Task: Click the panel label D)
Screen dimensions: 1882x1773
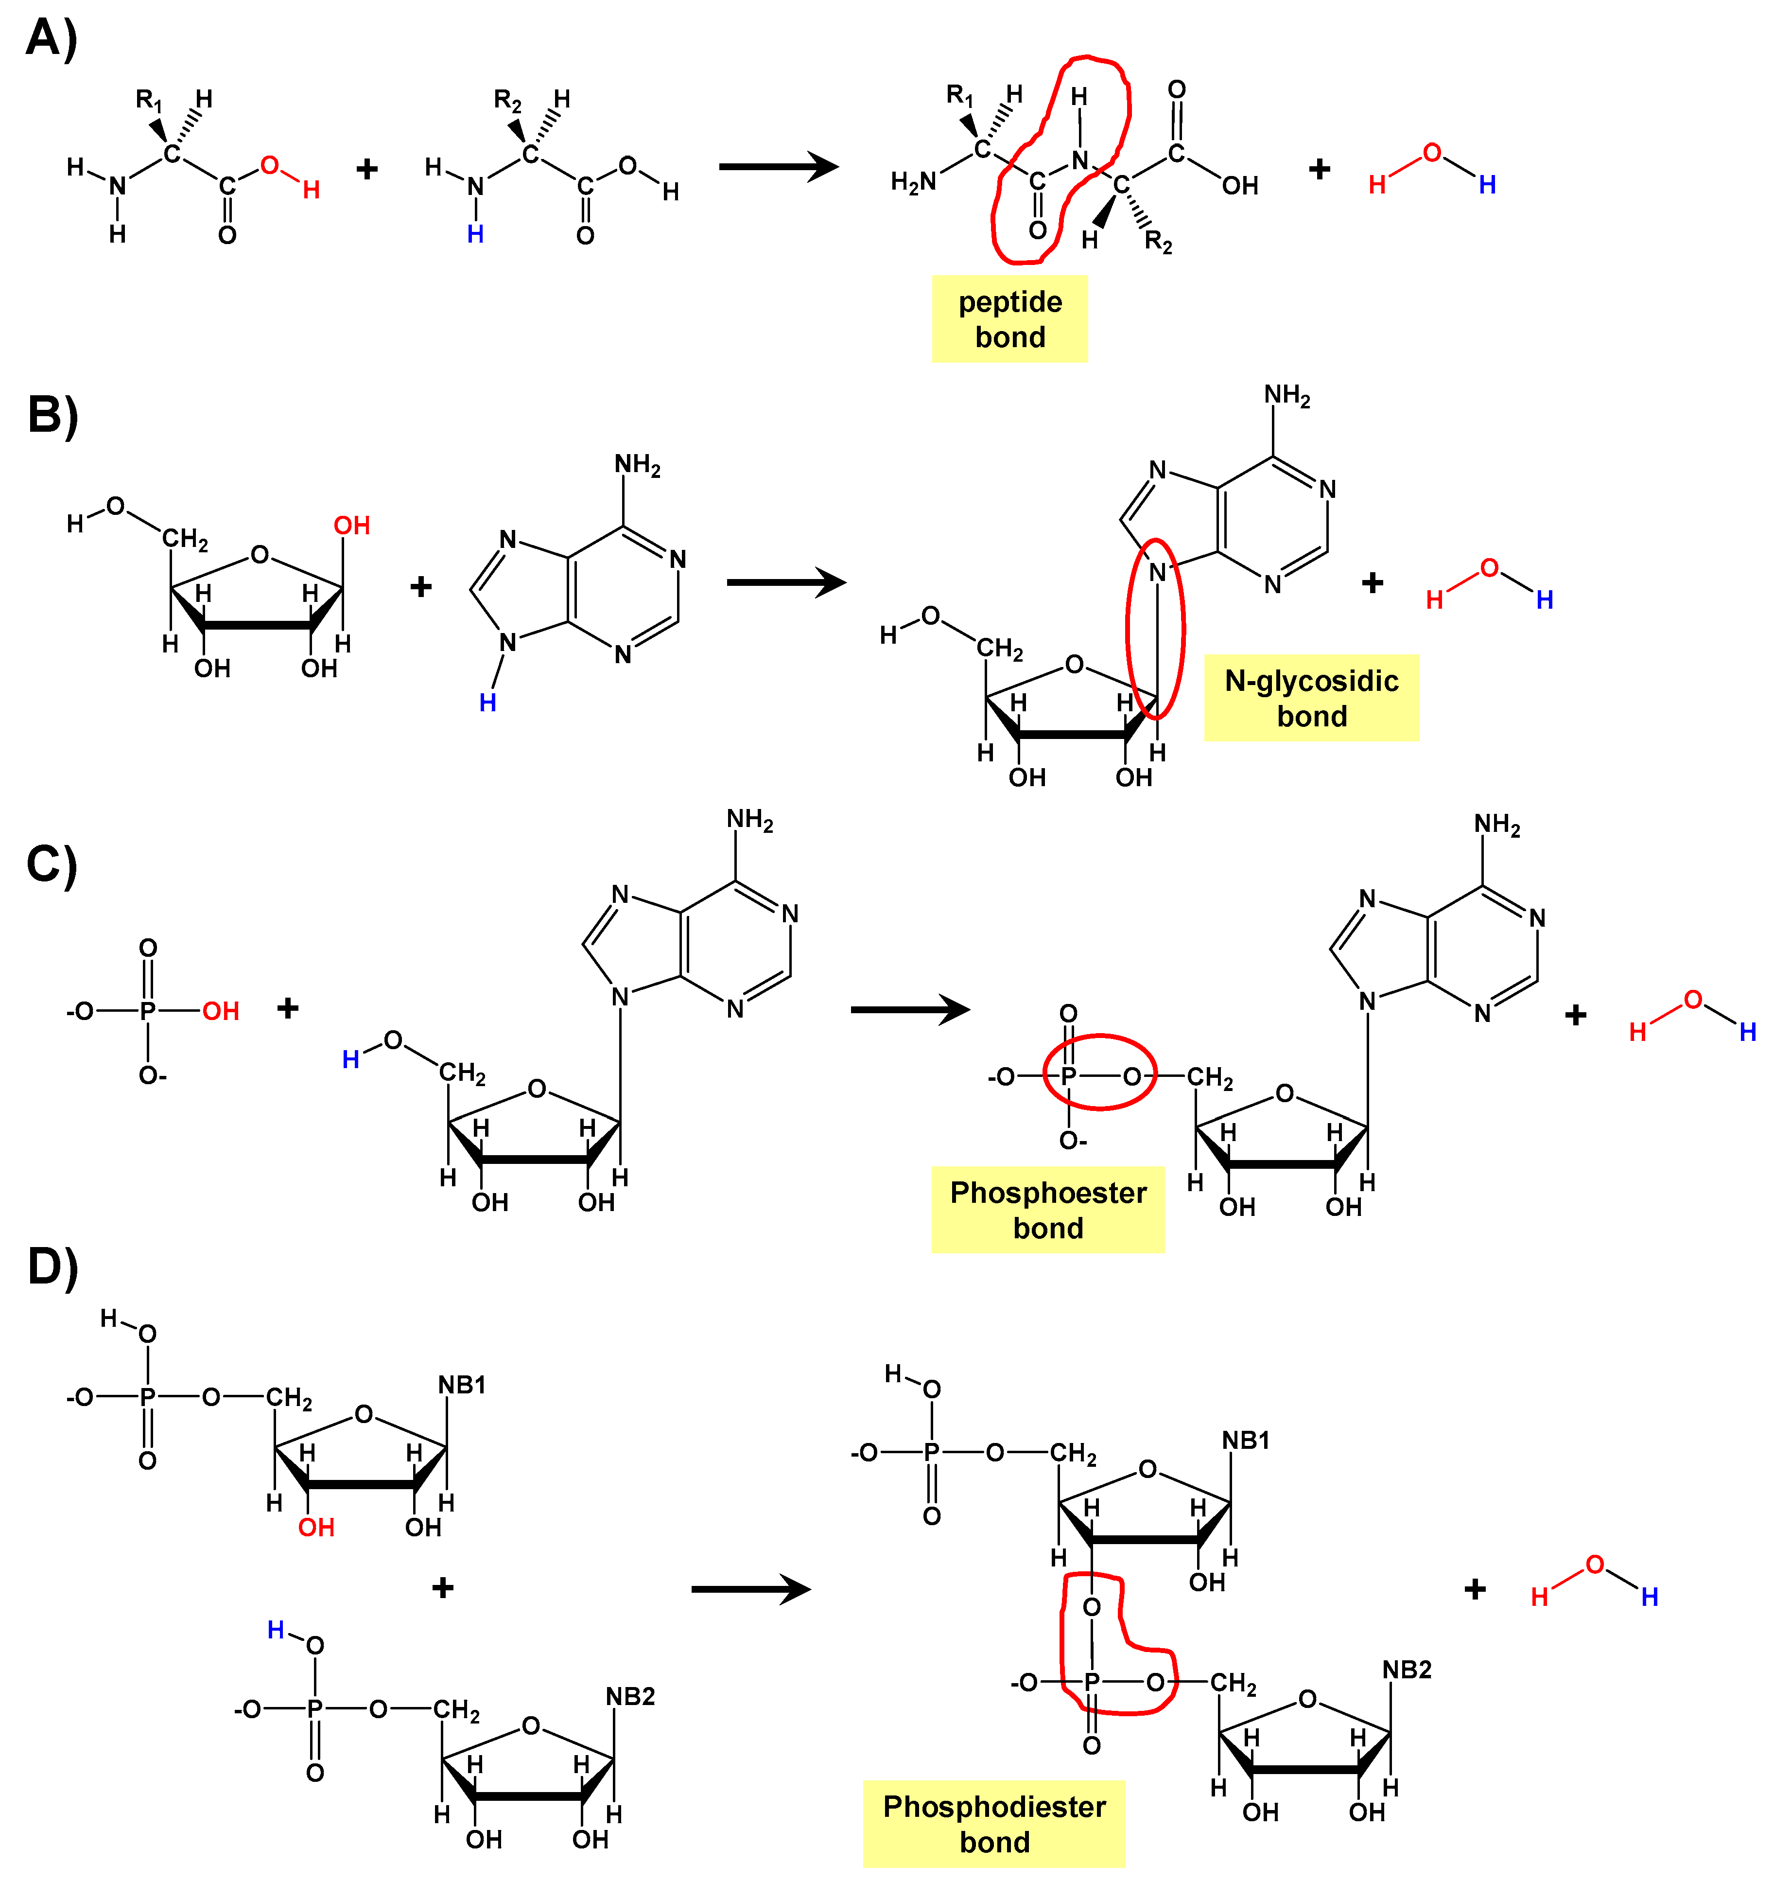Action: click(52, 1266)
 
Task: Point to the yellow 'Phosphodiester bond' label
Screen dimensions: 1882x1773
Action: click(994, 1823)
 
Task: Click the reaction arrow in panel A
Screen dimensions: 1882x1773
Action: click(778, 168)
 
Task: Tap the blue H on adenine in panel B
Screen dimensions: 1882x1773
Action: click(487, 703)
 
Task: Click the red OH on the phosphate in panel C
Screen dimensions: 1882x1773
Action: click(221, 1011)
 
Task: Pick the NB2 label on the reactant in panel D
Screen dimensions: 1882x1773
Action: click(630, 1696)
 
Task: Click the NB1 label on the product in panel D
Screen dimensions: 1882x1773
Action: click(1246, 1441)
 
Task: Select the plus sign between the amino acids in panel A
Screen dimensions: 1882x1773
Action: click(367, 170)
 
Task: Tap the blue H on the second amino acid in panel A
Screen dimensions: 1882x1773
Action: click(475, 234)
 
